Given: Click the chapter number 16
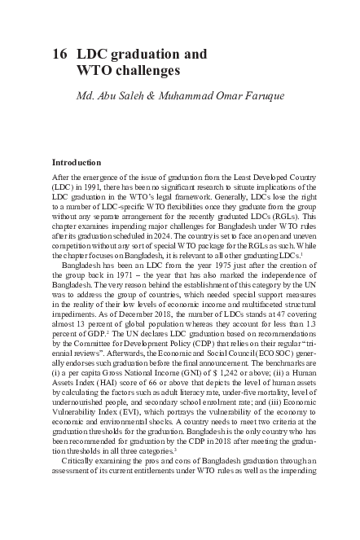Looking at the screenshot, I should pos(59,55).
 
